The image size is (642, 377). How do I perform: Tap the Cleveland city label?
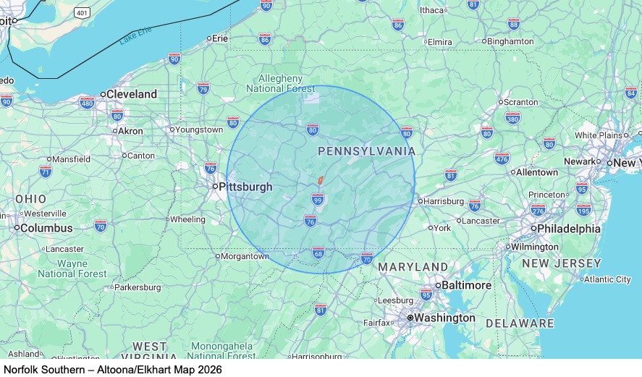click(131, 94)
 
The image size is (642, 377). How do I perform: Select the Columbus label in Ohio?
click(46, 228)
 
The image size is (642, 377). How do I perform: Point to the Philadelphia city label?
click(568, 229)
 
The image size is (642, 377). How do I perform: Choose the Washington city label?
click(444, 318)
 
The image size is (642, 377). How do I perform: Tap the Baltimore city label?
click(467, 285)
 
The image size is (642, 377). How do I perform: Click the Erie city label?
click(219, 38)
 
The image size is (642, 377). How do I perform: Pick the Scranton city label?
click(520, 102)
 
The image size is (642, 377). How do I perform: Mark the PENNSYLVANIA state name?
click(367, 151)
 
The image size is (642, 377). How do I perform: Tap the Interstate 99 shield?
click(318, 198)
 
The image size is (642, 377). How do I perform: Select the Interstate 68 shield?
click(318, 253)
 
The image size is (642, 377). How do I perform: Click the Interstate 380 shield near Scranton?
click(512, 117)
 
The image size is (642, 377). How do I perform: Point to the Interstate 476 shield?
click(502, 158)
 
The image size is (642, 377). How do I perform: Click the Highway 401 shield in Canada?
click(81, 13)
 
